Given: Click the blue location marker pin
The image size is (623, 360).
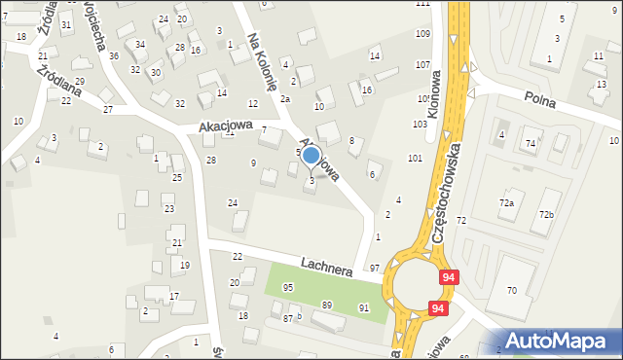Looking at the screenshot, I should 311,155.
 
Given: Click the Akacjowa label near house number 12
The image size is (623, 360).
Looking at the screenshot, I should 226,126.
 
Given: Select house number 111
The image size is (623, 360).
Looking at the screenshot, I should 422,4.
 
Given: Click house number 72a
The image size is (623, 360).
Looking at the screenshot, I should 506,202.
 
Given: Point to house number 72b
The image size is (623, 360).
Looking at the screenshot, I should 546,214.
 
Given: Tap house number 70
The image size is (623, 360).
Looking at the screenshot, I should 512,291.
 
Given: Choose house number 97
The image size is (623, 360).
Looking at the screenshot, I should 375,268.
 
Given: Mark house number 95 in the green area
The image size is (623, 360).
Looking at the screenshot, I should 288,287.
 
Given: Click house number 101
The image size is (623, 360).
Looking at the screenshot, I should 415,158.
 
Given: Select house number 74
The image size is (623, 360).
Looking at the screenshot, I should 530,144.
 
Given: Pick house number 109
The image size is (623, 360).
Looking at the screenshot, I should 421,34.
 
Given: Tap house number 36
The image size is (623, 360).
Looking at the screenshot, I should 114,55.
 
